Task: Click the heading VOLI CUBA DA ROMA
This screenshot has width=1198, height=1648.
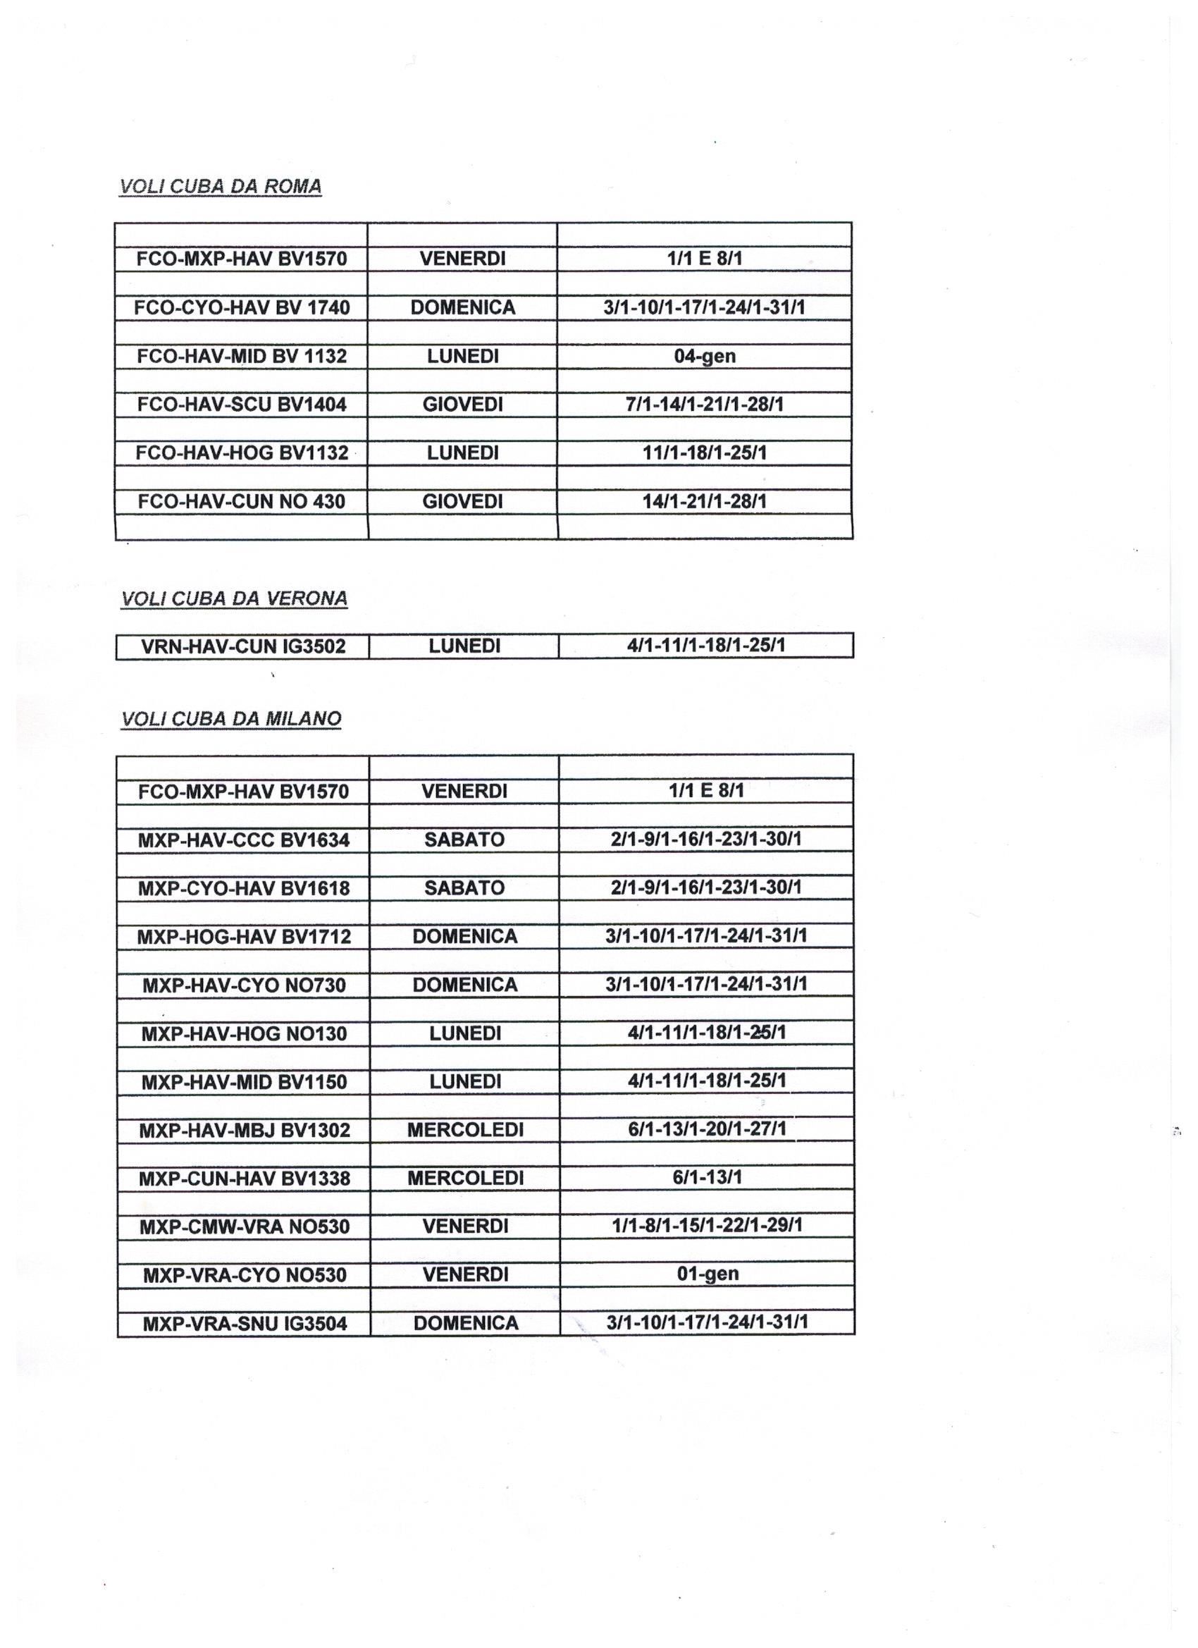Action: click(220, 186)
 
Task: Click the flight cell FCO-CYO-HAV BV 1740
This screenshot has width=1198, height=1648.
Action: click(241, 307)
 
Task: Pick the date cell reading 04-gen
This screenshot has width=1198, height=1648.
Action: click(704, 356)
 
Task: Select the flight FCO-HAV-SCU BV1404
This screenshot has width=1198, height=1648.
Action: click(241, 404)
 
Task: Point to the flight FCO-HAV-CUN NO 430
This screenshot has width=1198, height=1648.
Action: click(241, 501)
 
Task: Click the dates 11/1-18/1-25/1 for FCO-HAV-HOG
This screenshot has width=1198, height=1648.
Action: click(704, 453)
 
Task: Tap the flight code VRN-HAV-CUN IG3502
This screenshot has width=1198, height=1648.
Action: click(242, 646)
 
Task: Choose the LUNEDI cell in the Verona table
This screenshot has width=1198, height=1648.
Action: click(464, 646)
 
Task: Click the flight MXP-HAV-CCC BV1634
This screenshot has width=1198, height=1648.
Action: click(243, 840)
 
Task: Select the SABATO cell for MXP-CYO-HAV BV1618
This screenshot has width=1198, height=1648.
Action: click(464, 888)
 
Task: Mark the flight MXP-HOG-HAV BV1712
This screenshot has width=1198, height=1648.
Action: click(243, 937)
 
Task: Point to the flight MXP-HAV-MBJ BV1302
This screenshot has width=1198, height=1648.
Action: click(243, 1131)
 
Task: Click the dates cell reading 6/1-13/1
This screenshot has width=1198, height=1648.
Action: click(707, 1178)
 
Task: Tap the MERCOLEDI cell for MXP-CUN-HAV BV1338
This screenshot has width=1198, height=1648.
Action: click(465, 1178)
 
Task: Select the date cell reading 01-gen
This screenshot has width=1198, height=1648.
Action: click(707, 1274)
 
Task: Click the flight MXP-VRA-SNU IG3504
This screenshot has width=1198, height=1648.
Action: click(245, 1324)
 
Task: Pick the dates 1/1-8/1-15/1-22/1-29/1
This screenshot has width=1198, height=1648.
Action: click(707, 1226)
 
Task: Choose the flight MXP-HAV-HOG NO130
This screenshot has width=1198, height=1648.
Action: click(243, 1033)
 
